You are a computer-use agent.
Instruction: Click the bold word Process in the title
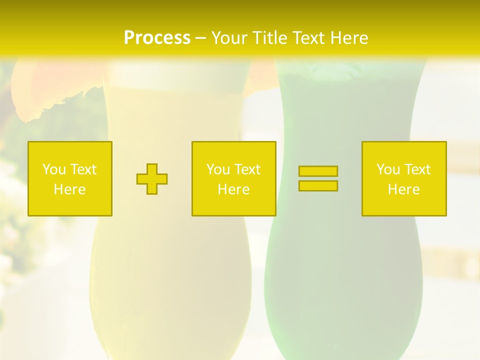click(157, 38)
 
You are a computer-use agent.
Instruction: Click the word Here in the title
click(348, 38)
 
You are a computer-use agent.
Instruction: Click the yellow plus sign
click(152, 179)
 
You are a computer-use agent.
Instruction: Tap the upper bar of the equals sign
click(318, 171)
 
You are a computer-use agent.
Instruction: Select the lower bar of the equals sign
click(318, 186)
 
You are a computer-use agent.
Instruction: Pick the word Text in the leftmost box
click(83, 169)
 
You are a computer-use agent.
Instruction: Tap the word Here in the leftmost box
click(69, 189)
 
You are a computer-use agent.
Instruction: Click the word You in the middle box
click(218, 169)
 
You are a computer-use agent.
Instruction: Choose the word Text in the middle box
click(247, 169)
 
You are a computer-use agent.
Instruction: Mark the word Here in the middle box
click(233, 189)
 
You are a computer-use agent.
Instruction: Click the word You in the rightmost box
click(388, 169)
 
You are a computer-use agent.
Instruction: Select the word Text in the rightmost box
click(417, 169)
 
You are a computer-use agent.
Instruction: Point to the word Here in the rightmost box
click(403, 189)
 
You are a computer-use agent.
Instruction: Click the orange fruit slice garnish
click(40, 90)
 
